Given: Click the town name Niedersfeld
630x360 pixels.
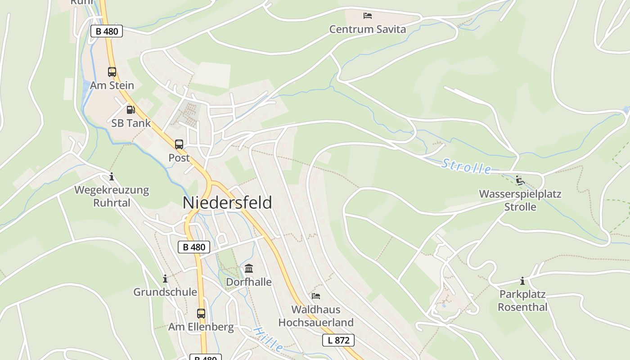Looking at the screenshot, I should click(227, 202).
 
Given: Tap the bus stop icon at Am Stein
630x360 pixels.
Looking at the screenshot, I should click(112, 72).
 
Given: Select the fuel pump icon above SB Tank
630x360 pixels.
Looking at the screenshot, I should click(130, 109).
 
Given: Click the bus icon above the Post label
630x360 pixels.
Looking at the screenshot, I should click(179, 144).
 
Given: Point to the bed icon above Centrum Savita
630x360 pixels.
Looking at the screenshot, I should click(368, 16).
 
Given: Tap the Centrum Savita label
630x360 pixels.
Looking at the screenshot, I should click(368, 30).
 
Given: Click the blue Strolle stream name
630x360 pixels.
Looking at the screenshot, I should click(466, 166).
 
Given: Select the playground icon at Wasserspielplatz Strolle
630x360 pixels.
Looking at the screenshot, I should click(520, 180).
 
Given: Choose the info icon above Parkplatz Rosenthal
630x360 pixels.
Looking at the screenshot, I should click(522, 281).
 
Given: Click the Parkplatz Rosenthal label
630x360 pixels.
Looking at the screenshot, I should click(522, 301).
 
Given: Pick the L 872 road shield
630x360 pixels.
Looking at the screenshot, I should click(338, 340).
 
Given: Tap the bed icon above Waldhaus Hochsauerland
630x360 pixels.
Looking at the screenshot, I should click(316, 296).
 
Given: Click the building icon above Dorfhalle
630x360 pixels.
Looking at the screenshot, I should click(248, 269).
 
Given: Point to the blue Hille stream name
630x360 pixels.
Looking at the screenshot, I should click(268, 340).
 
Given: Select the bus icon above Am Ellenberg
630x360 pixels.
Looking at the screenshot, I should click(201, 313).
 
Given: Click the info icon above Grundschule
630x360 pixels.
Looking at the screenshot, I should click(165, 279).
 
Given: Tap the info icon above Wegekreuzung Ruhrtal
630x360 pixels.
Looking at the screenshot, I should click(112, 177).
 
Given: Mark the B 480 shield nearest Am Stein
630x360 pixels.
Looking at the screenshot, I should click(107, 31).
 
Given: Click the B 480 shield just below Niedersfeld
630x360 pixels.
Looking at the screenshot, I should click(194, 247).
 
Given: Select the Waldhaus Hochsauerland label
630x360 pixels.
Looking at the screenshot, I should click(316, 316).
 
